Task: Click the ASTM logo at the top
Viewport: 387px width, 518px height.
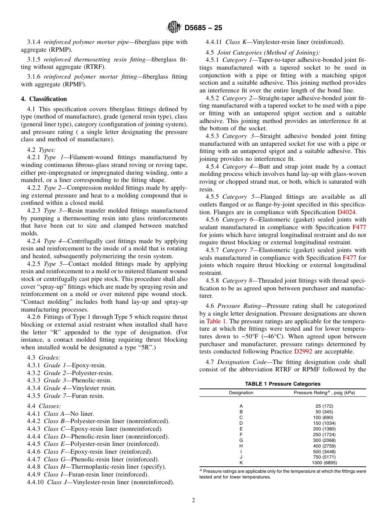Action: click(174, 28)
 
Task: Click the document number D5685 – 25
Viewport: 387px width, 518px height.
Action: click(203, 28)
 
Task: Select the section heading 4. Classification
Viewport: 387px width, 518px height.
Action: click(44, 99)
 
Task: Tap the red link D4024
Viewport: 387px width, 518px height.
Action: click(346, 212)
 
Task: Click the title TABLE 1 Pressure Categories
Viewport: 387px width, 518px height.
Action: click(282, 384)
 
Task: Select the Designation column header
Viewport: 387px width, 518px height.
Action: click(241, 393)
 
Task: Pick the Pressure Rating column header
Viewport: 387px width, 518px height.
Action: click(324, 393)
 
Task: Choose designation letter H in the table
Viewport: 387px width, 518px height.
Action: click(241, 446)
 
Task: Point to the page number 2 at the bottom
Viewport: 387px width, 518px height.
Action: click(193, 500)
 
